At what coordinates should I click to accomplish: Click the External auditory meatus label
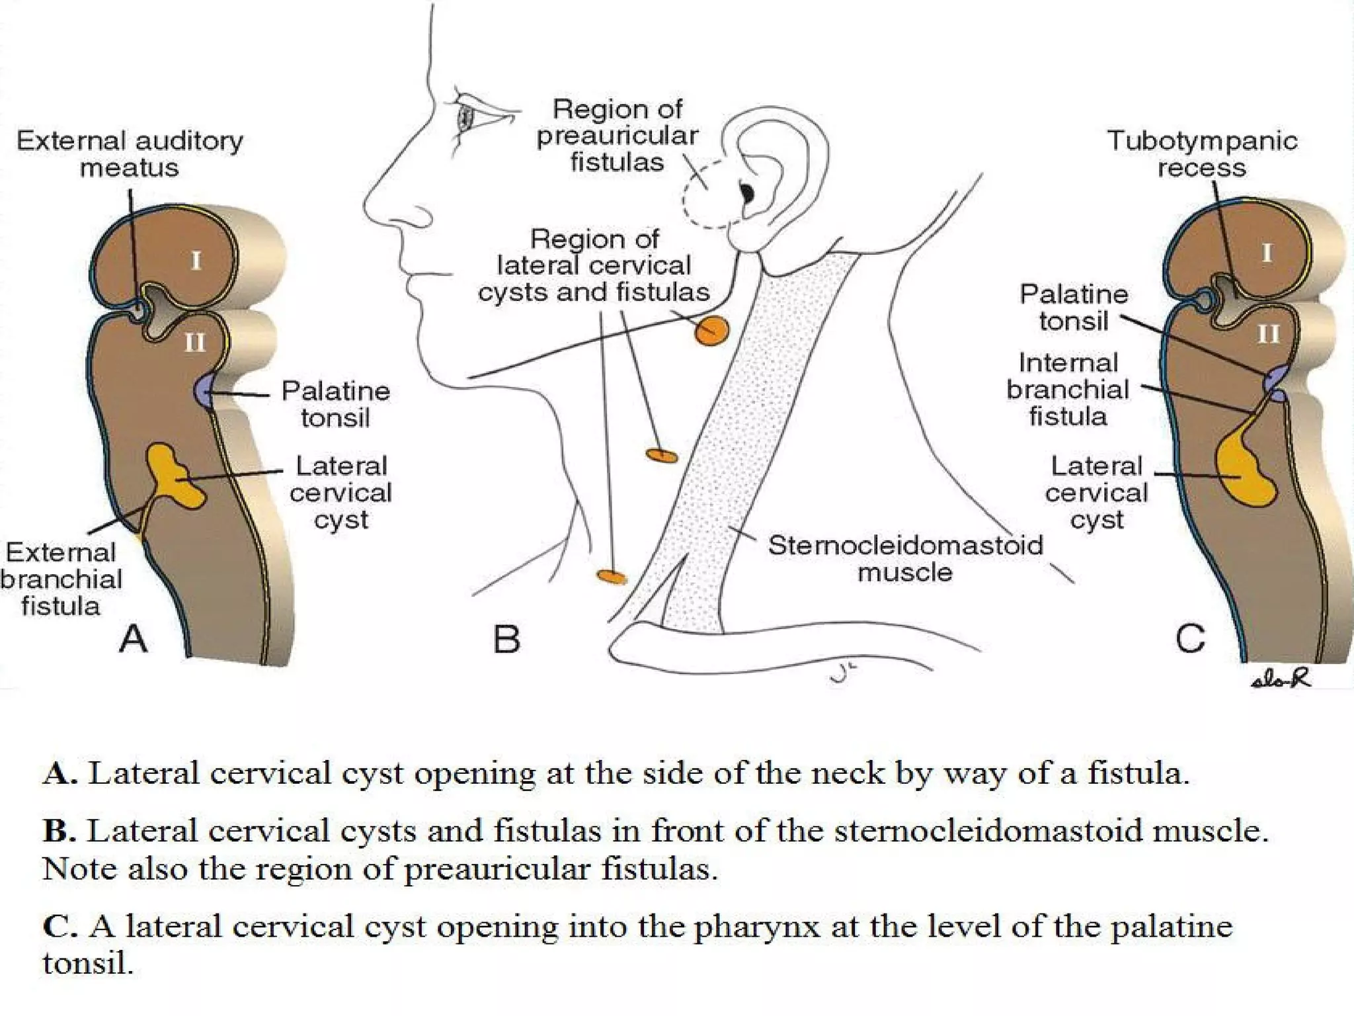click(130, 154)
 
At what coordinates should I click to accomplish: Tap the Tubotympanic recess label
click(1201, 154)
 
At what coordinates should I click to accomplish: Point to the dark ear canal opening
click(747, 193)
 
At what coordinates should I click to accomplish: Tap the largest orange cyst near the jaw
click(711, 330)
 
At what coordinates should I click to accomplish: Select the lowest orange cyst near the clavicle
click(612, 576)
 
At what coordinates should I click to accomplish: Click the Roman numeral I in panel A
click(196, 261)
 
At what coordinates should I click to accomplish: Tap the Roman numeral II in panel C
click(1268, 334)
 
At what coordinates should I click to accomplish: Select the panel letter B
click(506, 639)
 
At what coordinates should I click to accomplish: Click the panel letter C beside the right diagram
click(1190, 639)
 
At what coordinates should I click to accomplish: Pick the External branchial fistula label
click(61, 579)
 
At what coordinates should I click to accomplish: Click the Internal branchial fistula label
click(1067, 390)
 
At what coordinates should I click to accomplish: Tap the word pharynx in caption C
click(756, 926)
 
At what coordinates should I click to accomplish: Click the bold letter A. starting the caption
click(61, 773)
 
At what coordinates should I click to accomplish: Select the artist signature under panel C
click(1281, 679)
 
